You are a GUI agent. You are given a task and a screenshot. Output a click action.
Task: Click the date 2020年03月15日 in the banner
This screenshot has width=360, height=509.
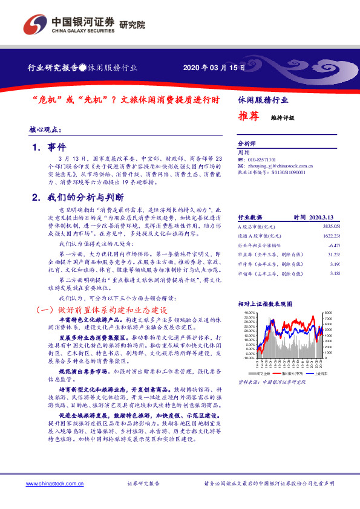pos(206,68)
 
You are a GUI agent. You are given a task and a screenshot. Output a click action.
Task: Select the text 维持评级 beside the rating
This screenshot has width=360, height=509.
pos(282,118)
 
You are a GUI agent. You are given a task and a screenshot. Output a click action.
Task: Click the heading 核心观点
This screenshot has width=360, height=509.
pos(46,130)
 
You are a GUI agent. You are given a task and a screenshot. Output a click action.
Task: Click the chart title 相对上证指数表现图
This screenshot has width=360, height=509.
pos(265,303)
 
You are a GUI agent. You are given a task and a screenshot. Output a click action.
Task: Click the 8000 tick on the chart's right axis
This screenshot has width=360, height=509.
pos(327,313)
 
